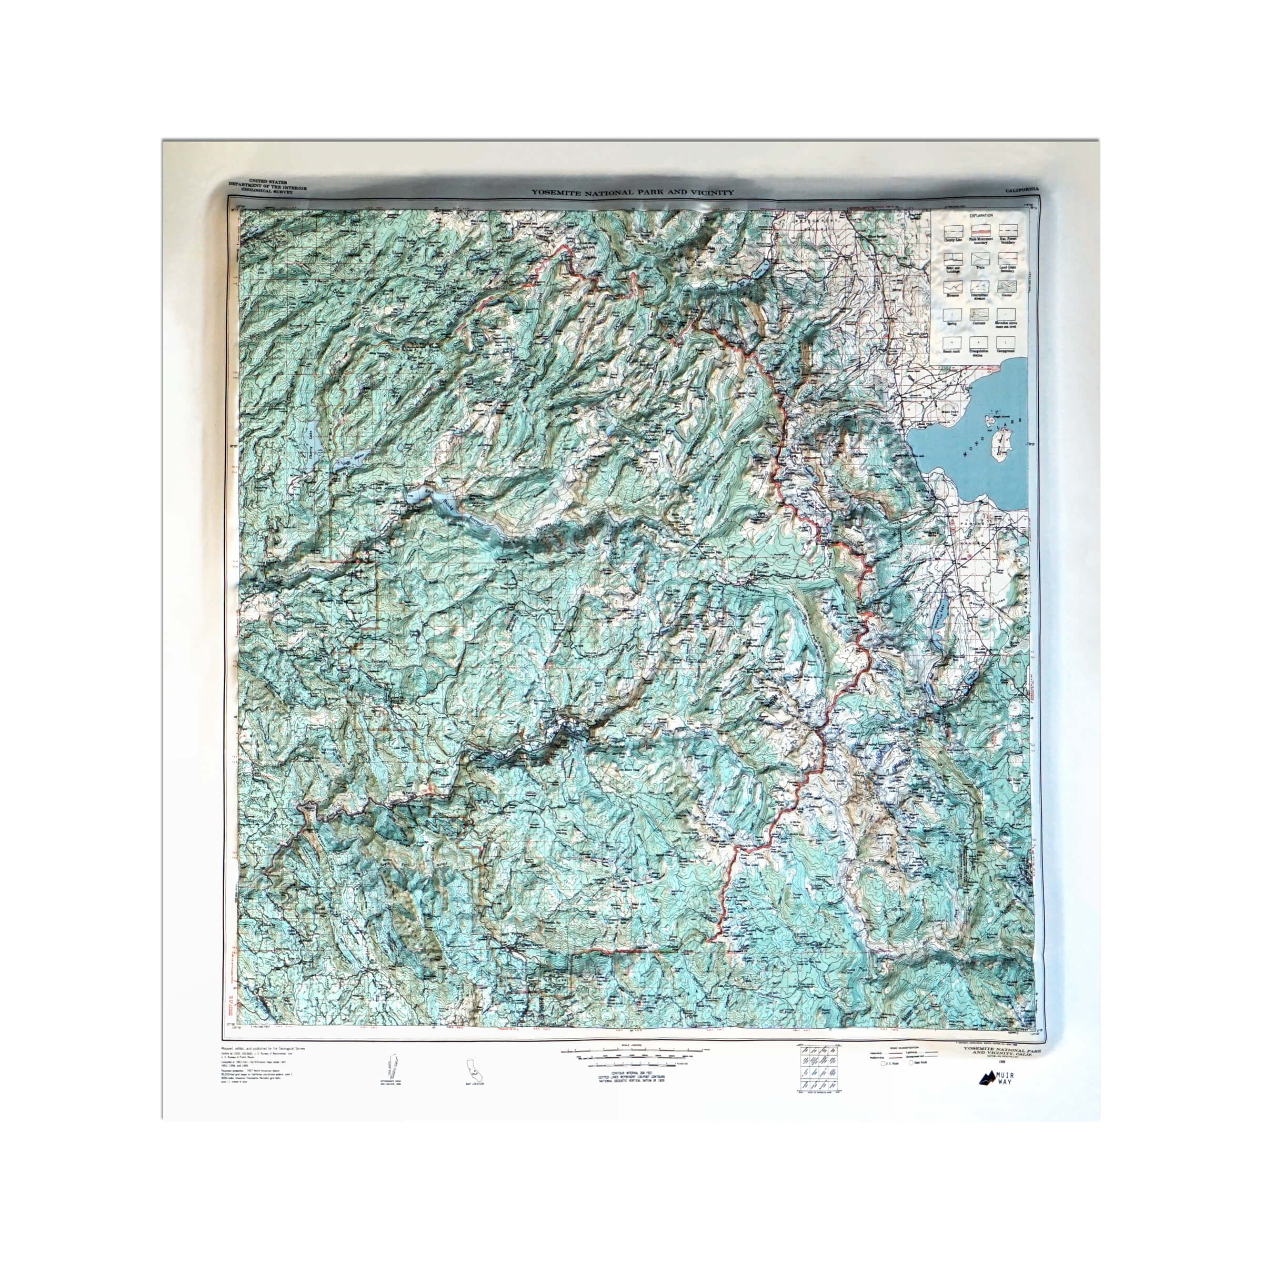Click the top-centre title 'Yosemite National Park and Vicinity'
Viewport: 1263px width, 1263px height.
pyautogui.click(x=631, y=193)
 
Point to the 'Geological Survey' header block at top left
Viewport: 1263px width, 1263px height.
pyautogui.click(x=267, y=186)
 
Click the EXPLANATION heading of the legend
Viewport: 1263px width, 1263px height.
pyautogui.click(x=980, y=216)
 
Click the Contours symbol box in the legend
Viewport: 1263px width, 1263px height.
pyautogui.click(x=980, y=315)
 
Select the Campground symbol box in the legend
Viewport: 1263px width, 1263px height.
pyautogui.click(x=1006, y=343)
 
